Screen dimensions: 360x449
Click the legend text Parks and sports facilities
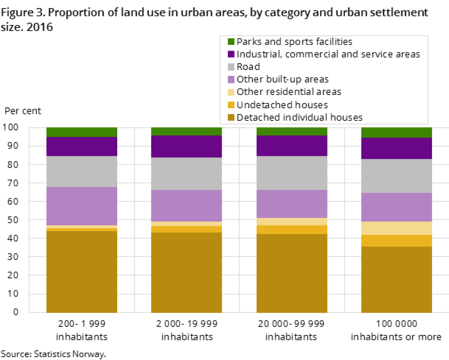(x=294, y=42)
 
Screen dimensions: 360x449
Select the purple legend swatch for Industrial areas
(x=231, y=54)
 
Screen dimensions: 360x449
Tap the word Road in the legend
(x=248, y=67)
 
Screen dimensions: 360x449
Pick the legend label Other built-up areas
(x=282, y=79)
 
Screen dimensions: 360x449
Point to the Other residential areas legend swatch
(x=231, y=92)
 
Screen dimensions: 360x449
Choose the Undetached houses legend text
(x=282, y=105)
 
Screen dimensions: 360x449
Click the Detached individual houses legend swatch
(x=231, y=118)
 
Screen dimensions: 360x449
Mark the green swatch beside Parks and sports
(x=231, y=42)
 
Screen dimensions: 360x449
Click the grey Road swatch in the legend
(x=231, y=67)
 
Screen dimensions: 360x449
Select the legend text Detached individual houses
(x=299, y=118)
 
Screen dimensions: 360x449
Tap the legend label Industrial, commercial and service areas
(x=328, y=54)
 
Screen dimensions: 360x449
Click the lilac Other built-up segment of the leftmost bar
(x=82, y=206)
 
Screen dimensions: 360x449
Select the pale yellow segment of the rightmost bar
(x=397, y=228)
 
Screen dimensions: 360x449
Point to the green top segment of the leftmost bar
(x=82, y=132)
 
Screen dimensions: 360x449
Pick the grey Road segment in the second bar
(x=187, y=173)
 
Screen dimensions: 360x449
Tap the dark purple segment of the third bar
(x=292, y=146)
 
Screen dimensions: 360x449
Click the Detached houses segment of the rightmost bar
(x=397, y=279)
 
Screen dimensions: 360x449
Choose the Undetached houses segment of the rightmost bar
(x=397, y=240)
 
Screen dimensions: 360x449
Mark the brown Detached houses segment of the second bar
(x=187, y=272)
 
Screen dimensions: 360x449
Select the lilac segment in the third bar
(x=292, y=204)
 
